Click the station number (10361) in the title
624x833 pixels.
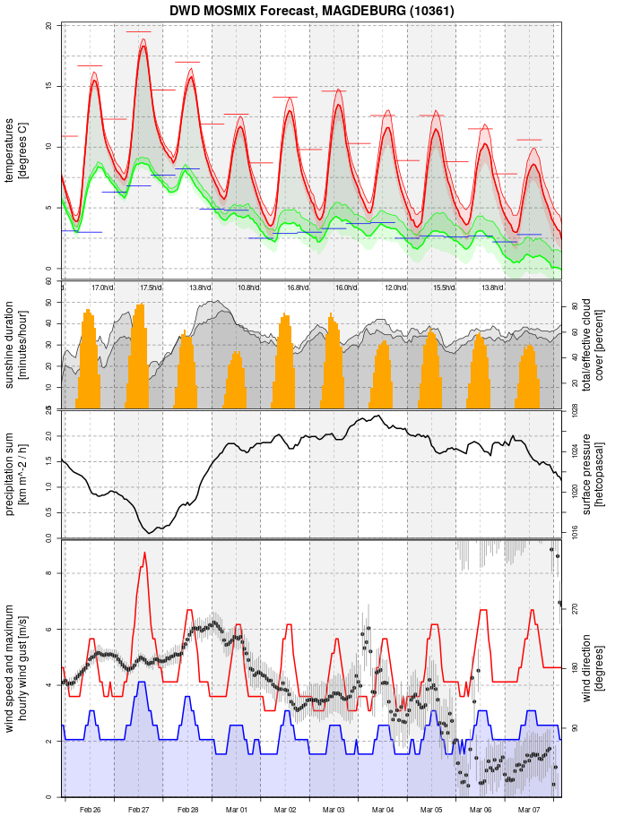coord(431,11)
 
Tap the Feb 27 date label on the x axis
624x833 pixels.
coord(139,810)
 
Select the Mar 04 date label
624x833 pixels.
coord(383,810)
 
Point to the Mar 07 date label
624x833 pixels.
coord(529,810)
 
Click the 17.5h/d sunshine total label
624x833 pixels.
coord(152,288)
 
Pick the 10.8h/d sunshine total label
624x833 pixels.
coord(249,288)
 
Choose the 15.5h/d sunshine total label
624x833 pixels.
coord(444,288)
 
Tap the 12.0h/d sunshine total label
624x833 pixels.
coord(395,288)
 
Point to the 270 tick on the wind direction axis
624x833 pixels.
coord(574,608)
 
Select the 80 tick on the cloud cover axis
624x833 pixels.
coord(574,306)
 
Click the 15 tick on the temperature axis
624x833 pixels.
coord(48,86)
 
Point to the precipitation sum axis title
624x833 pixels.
coord(16,473)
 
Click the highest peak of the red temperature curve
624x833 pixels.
coord(143,46)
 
